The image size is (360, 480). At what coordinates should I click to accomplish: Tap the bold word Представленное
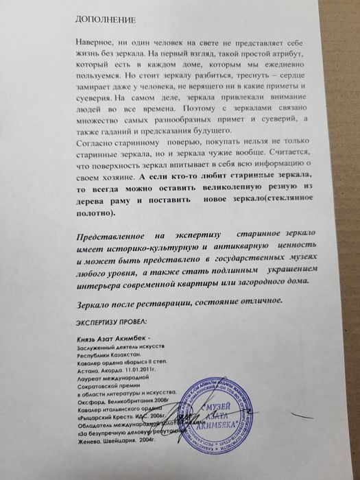[x=114, y=235]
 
